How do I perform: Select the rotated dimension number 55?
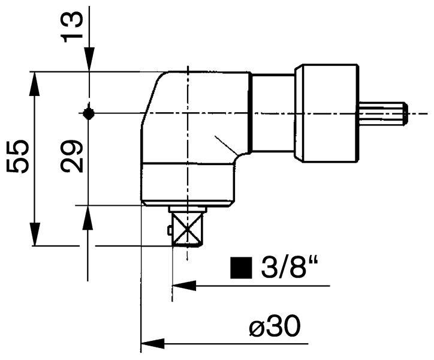point(19,157)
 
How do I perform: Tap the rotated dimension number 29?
point(73,157)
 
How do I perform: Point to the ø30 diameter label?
point(274,327)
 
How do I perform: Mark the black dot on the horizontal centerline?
point(88,113)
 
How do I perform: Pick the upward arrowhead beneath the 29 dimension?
point(88,216)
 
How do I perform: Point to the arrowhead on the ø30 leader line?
point(152,344)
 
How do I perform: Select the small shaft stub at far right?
point(384,113)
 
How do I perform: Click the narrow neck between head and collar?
point(273,113)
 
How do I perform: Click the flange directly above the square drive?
point(188,209)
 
